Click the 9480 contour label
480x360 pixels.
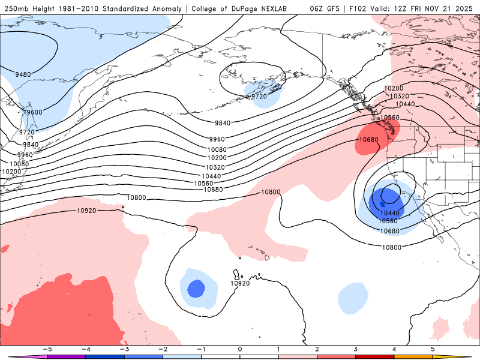pyautogui.click(x=23, y=74)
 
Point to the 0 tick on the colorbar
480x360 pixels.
pyautogui.click(x=239, y=349)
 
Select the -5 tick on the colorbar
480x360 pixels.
pyautogui.click(x=47, y=349)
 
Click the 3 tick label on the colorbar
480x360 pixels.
pyautogui.click(x=356, y=349)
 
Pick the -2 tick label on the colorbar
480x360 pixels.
pyautogui.click(x=163, y=349)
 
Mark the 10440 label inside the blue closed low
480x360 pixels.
pyautogui.click(x=389, y=213)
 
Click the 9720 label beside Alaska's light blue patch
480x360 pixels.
pyautogui.click(x=259, y=96)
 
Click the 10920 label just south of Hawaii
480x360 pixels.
pyautogui.click(x=240, y=283)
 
